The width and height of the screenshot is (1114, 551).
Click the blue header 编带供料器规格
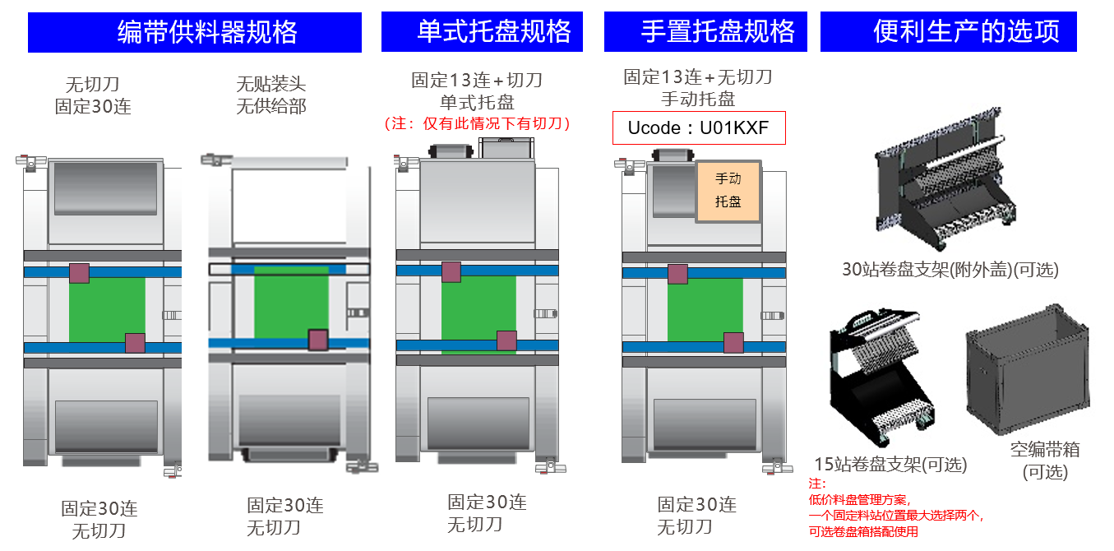[195, 33]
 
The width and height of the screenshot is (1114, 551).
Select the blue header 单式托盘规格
[482, 32]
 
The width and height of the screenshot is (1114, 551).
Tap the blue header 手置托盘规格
[706, 32]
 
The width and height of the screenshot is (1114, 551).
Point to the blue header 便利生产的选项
[948, 32]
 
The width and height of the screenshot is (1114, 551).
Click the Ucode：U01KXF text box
[699, 128]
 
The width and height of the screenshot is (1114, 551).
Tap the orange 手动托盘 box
[728, 191]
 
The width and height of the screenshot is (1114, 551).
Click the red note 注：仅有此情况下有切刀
[478, 124]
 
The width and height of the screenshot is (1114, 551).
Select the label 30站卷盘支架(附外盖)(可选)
[950, 270]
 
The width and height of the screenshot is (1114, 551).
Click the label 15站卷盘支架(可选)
[890, 465]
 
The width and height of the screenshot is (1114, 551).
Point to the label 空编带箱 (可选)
[1045, 461]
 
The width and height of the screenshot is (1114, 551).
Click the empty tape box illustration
[1028, 374]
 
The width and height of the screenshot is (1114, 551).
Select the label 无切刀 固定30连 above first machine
[93, 95]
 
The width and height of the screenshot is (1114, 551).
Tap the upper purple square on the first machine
[79, 273]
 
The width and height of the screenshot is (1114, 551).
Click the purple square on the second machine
[318, 340]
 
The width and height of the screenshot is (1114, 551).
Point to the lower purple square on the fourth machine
[733, 343]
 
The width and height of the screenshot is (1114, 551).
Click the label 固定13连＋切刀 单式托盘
[477, 91]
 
